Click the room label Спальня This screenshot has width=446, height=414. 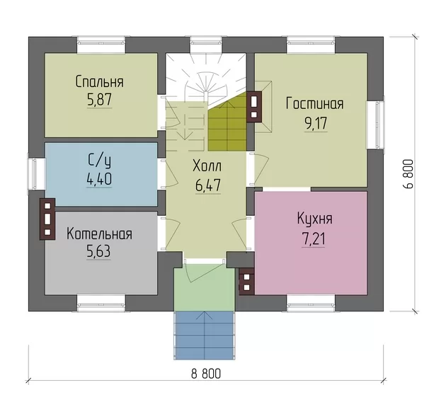click(x=100, y=82)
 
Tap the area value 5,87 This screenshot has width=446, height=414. click(x=99, y=99)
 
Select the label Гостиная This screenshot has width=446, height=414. click(x=315, y=104)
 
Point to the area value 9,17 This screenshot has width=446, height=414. click(x=316, y=123)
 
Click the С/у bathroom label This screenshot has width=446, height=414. click(x=100, y=161)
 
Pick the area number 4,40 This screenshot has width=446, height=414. click(x=99, y=179)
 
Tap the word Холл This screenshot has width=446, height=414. click(x=207, y=166)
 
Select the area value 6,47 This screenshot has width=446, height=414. click(x=208, y=185)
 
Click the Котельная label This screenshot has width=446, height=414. click(x=100, y=234)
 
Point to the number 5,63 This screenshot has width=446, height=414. click(x=98, y=252)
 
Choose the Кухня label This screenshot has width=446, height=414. click(x=315, y=219)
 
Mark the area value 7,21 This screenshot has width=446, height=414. click(x=313, y=238)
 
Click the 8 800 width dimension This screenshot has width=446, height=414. click(x=205, y=374)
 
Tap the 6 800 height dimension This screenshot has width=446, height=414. click(x=408, y=173)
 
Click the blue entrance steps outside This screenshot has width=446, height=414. click(x=205, y=335)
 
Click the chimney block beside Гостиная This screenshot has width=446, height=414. click(x=254, y=107)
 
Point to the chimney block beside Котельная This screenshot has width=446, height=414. click(x=47, y=219)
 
